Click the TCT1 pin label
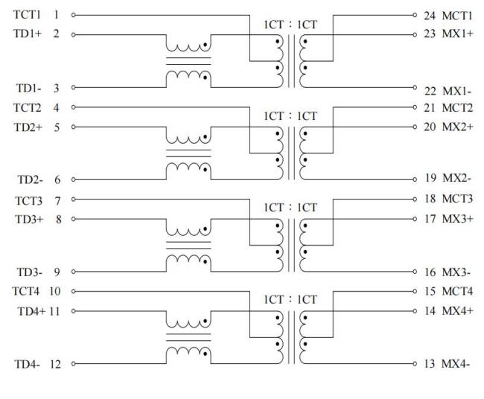pyautogui.click(x=27, y=14)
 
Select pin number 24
pyautogui.click(x=430, y=16)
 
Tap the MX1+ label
pyautogui.click(x=457, y=33)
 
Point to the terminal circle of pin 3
pyautogui.click(x=74, y=87)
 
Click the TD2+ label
pyautogui.click(x=28, y=127)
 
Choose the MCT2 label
pyautogui.click(x=457, y=108)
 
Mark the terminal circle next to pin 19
pyautogui.click(x=415, y=179)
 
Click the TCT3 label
pyautogui.click(x=28, y=201)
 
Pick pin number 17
pyautogui.click(x=430, y=219)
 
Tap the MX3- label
pyautogui.click(x=456, y=272)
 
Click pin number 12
pyautogui.click(x=55, y=364)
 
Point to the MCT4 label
pyautogui.click(x=457, y=291)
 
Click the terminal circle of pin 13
pyautogui.click(x=415, y=364)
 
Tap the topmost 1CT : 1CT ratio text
pyautogui.click(x=290, y=25)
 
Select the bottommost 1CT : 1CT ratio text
pyautogui.click(x=290, y=300)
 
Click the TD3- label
pyautogui.click(x=29, y=272)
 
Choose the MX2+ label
pyautogui.click(x=457, y=127)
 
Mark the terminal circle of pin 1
pyautogui.click(x=74, y=15)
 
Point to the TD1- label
pyautogui.click(x=28, y=89)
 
